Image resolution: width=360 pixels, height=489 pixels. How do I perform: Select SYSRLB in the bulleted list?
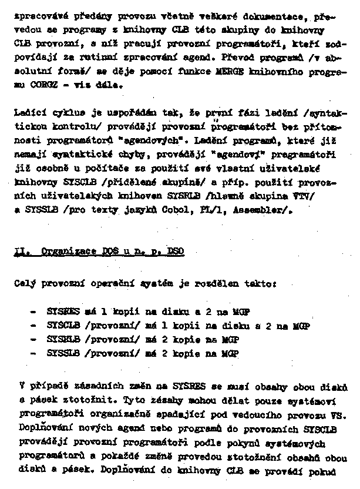(62, 340)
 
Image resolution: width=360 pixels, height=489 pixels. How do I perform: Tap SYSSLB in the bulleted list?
(62, 354)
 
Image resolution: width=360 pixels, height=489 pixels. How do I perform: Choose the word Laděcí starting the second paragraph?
(27, 112)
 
